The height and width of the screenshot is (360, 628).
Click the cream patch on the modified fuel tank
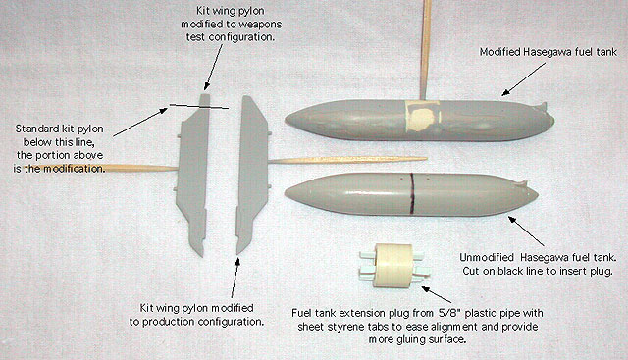(423, 117)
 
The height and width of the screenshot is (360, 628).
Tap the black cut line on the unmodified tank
(411, 195)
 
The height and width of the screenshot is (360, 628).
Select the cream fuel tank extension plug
(392, 266)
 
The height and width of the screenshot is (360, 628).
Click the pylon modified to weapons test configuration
(194, 175)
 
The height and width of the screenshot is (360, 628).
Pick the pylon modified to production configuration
(251, 175)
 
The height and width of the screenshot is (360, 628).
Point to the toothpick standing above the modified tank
(425, 49)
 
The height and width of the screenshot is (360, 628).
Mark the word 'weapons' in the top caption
(262, 25)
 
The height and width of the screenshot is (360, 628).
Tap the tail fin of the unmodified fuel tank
(522, 184)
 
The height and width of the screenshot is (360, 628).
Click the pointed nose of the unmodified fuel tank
(286, 194)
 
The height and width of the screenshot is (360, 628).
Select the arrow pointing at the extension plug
(437, 294)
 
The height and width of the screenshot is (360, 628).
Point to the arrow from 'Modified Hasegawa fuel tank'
(523, 79)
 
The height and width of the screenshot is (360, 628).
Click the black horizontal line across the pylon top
(198, 107)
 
